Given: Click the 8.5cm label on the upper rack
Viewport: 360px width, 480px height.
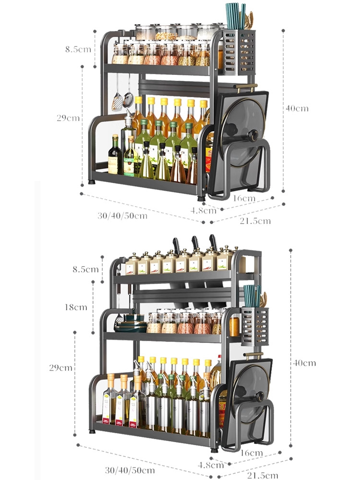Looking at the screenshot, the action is pos(78,49).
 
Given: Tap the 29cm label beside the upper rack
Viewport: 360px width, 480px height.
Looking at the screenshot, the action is pos(68,118).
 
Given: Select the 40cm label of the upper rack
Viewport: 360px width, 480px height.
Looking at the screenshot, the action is pos(297,108).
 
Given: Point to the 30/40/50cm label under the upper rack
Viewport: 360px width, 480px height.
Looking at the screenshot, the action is pos(122,216).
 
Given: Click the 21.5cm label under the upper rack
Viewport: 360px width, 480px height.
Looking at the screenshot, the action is pos(255,221).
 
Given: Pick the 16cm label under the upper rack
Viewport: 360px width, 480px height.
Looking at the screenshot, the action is pos(244,198).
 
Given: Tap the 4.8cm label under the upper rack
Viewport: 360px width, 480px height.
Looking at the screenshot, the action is pos(203,210).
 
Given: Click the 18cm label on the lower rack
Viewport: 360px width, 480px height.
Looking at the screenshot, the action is pos(76,307).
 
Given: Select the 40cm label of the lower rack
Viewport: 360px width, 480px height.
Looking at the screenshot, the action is pos(304,363).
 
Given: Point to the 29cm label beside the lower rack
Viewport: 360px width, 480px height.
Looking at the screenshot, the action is pos(60,367).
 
